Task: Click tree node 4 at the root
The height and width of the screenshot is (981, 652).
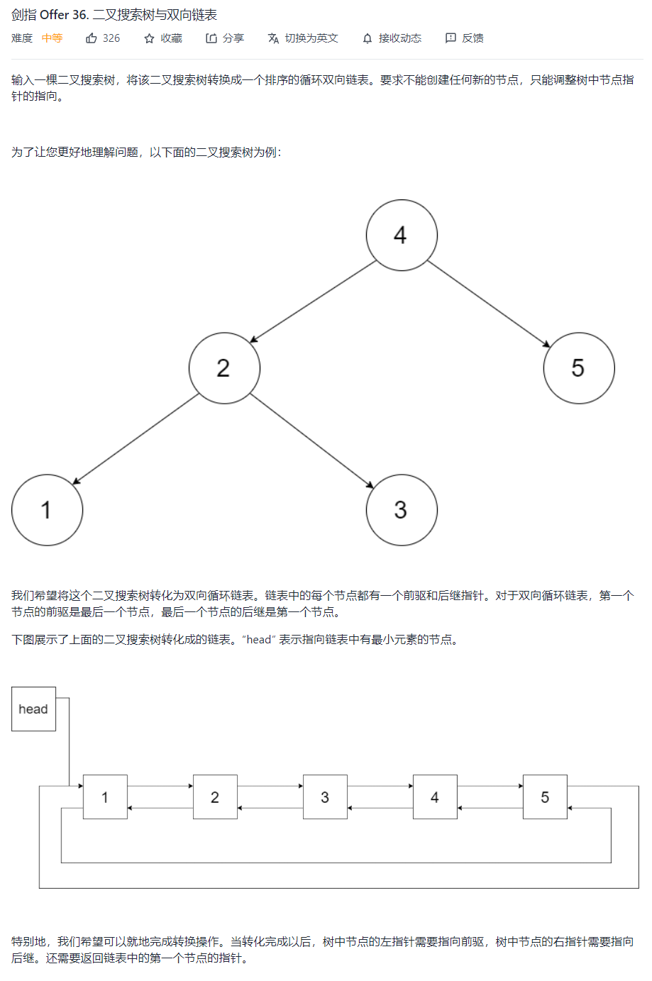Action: [x=402, y=235]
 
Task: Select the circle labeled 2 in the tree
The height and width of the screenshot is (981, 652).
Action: [x=224, y=368]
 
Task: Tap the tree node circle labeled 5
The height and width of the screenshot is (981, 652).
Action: [x=579, y=368]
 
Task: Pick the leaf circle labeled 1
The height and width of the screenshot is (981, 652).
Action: [x=47, y=510]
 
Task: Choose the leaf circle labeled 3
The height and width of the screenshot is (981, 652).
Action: [x=402, y=510]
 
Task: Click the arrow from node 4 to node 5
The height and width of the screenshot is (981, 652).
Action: [x=489, y=304]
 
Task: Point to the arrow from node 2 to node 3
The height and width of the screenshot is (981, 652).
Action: [x=311, y=440]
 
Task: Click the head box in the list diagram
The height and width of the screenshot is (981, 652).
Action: [x=33, y=709]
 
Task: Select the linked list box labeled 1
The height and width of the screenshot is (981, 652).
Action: [x=105, y=797]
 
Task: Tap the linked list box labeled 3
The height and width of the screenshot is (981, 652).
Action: [x=325, y=797]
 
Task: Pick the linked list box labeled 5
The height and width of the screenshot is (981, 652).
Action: [x=545, y=797]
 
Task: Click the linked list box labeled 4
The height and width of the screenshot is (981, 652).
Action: [x=435, y=797]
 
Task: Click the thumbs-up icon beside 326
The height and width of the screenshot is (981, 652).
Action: [x=92, y=38]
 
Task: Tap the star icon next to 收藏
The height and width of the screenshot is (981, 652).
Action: [x=149, y=38]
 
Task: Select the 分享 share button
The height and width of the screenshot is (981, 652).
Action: [x=225, y=38]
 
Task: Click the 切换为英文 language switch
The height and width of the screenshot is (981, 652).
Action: [x=303, y=38]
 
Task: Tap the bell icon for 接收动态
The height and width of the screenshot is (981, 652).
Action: [x=367, y=38]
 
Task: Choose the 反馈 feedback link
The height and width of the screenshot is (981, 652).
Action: [x=465, y=38]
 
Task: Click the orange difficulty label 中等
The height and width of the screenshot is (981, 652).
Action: [x=52, y=38]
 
